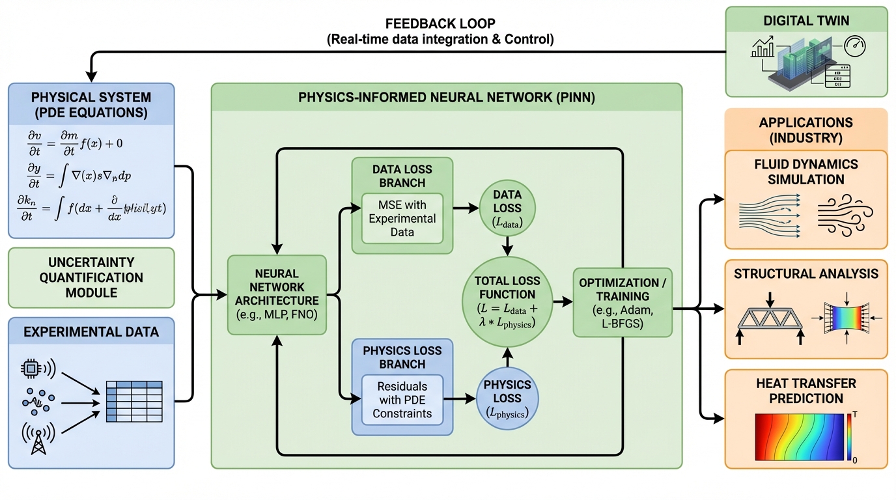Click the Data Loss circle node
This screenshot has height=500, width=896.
click(x=507, y=208)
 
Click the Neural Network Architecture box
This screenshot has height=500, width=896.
click(x=277, y=294)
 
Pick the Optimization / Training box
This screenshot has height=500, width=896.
click(x=623, y=302)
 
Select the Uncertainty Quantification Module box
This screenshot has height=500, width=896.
click(x=91, y=277)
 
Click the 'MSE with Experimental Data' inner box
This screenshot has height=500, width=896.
click(x=402, y=218)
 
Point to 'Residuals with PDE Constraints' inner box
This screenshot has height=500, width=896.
click(x=402, y=399)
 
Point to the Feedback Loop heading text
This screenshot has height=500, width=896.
click(x=440, y=23)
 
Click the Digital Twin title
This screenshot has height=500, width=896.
click(x=806, y=21)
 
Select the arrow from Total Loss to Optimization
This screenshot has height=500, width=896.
click(x=562, y=302)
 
